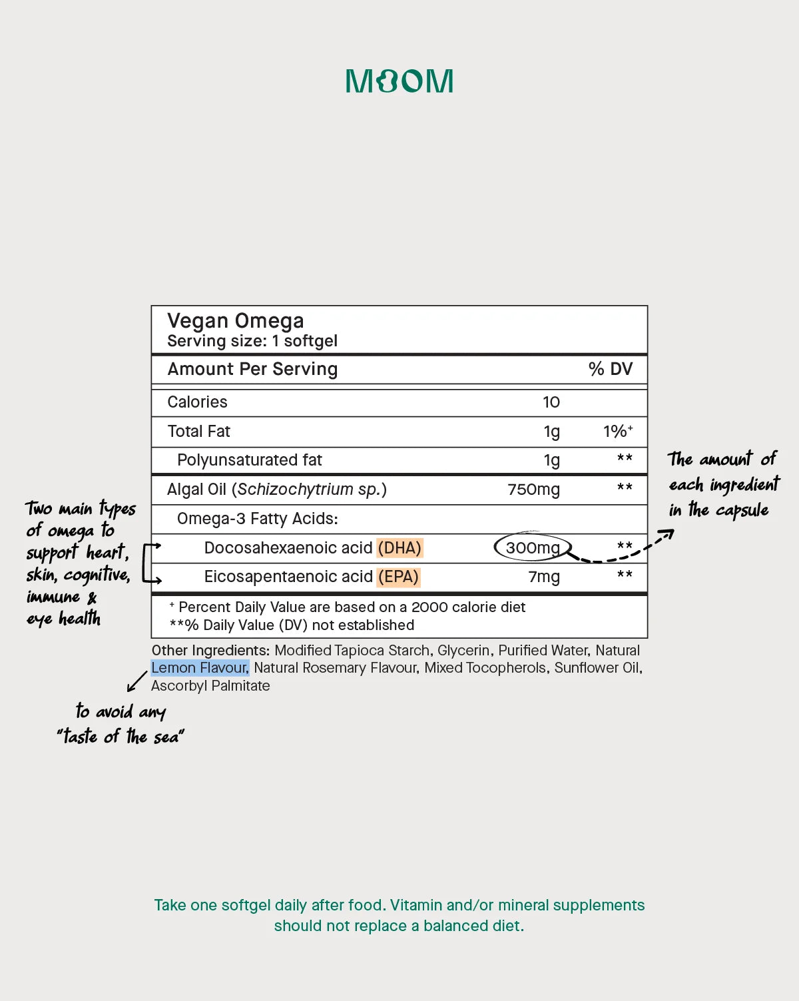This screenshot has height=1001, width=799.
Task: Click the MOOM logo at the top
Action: pyautogui.click(x=400, y=81)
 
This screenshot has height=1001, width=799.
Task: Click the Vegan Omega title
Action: pyautogui.click(x=235, y=321)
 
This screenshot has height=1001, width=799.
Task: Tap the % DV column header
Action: pyautogui.click(x=610, y=369)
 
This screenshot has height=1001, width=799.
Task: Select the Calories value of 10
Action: pyautogui.click(x=551, y=402)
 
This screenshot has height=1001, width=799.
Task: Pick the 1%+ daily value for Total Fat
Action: pyautogui.click(x=617, y=432)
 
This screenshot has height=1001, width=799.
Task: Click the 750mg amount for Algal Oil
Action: pyautogui.click(x=533, y=490)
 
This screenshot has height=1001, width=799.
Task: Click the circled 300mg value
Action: pyautogui.click(x=533, y=548)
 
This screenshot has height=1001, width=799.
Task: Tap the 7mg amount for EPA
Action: pyautogui.click(x=544, y=577)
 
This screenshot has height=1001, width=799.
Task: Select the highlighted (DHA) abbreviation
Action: pyautogui.click(x=400, y=548)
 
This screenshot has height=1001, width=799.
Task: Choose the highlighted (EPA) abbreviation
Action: pyautogui.click(x=398, y=577)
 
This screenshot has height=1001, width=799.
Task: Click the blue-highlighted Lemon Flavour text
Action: pyautogui.click(x=200, y=668)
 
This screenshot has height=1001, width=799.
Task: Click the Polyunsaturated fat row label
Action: pyautogui.click(x=249, y=460)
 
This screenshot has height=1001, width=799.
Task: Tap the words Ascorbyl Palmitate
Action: pyautogui.click(x=210, y=686)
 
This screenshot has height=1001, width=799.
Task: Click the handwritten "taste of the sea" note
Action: pyautogui.click(x=121, y=737)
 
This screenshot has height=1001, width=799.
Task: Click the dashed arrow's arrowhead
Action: pyautogui.click(x=668, y=533)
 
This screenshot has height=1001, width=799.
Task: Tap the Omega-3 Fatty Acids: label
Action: pyautogui.click(x=257, y=519)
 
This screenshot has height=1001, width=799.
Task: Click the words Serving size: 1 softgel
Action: pyautogui.click(x=252, y=341)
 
